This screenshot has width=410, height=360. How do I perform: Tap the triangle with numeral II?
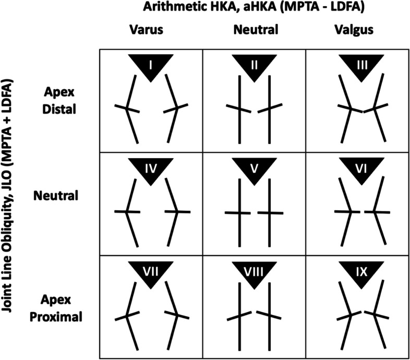click(x=254, y=65)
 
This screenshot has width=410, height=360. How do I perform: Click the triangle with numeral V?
click(x=254, y=167)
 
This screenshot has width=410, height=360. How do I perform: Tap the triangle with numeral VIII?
click(x=254, y=270)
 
